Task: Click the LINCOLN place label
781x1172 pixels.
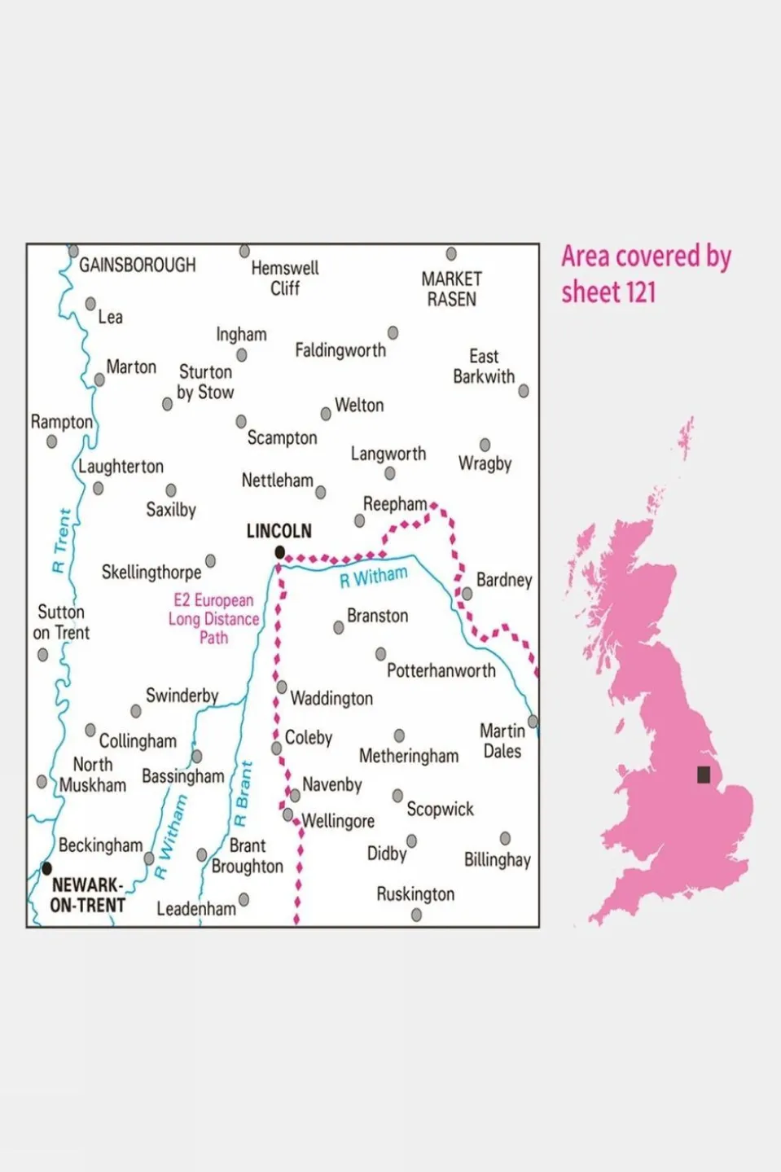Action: (x=279, y=531)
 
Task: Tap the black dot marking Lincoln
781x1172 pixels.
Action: (x=280, y=552)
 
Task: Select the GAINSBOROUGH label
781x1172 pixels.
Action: (x=137, y=265)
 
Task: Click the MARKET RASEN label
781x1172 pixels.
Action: (x=451, y=289)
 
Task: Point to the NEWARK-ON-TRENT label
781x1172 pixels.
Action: (x=87, y=895)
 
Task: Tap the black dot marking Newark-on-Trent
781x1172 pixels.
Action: (x=46, y=868)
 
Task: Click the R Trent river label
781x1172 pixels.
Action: (x=62, y=541)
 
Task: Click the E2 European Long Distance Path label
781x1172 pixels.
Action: (x=213, y=619)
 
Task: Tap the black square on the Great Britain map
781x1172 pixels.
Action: (x=704, y=774)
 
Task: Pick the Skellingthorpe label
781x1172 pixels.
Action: (x=151, y=573)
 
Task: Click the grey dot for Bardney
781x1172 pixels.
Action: (x=467, y=594)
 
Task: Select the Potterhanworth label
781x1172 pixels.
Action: (x=441, y=670)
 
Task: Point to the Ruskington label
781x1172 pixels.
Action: (x=415, y=894)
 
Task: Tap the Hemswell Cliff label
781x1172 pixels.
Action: (x=285, y=278)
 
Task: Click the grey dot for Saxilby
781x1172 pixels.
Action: (x=171, y=490)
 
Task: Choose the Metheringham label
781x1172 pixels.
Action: (x=409, y=756)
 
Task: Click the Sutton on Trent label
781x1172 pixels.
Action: (x=61, y=622)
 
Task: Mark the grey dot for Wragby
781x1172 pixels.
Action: (x=485, y=445)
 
